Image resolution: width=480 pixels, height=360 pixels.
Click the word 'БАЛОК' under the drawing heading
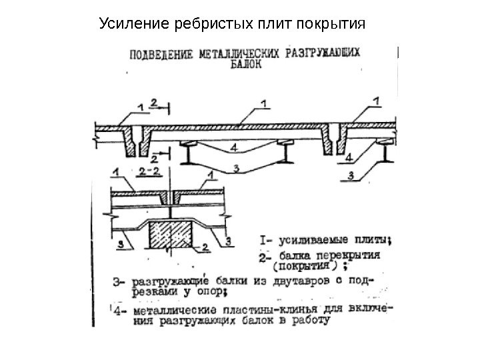coord(245,65)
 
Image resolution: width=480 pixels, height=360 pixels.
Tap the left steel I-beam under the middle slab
coord(190,154)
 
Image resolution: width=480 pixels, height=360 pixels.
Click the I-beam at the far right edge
coord(386,154)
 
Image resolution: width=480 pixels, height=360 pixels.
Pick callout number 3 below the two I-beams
coord(237,169)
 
